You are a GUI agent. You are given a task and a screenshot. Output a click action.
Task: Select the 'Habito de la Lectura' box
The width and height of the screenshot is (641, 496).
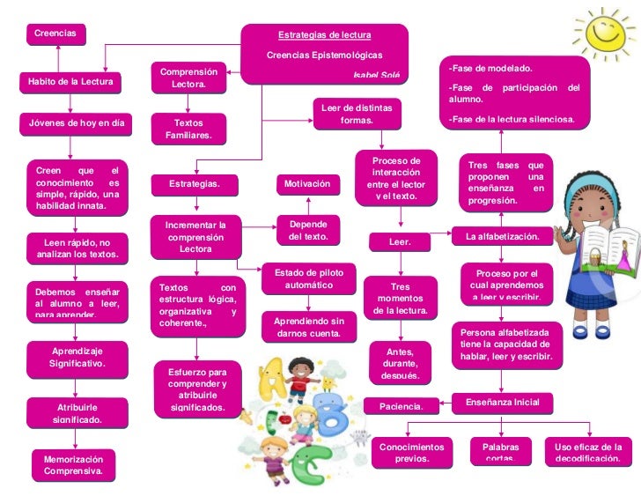(x=70, y=82)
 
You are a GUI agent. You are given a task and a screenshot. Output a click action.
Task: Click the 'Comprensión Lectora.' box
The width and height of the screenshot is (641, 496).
(x=188, y=78)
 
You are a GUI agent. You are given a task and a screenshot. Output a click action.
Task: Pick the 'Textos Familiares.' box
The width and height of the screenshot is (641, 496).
(x=188, y=130)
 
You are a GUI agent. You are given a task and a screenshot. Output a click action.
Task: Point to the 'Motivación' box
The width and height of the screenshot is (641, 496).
(x=307, y=184)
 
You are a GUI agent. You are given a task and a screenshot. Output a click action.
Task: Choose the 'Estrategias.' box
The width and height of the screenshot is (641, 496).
(x=194, y=184)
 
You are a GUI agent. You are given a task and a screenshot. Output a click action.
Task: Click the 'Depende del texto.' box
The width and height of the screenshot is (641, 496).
(x=308, y=230)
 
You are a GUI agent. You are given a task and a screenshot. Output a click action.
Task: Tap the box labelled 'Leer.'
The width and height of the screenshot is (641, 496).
(x=400, y=241)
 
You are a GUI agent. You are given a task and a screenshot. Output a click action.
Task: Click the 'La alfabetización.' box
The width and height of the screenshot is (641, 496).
(x=502, y=236)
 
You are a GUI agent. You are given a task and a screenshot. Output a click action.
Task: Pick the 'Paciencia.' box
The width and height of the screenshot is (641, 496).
(x=401, y=406)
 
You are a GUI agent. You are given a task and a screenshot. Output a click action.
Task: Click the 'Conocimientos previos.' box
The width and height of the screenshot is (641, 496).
(x=412, y=452)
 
